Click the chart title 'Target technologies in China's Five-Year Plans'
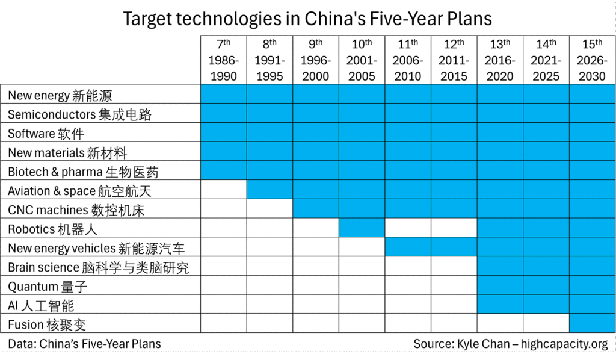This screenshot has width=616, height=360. (x=307, y=18)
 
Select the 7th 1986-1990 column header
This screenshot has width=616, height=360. (x=223, y=60)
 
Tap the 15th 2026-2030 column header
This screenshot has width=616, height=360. (x=592, y=60)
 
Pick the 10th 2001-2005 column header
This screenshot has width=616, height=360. (x=362, y=60)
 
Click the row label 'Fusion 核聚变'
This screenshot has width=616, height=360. (x=47, y=325)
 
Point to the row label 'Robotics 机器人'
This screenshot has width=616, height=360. (x=52, y=229)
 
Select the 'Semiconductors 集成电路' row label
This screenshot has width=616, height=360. (x=79, y=114)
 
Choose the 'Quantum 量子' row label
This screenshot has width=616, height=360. (x=48, y=287)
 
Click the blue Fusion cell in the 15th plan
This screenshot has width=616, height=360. (x=592, y=324)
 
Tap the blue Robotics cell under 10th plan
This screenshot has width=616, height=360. (x=362, y=228)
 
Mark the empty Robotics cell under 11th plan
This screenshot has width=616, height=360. (x=408, y=228)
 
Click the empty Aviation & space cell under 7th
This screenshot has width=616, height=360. (x=223, y=190)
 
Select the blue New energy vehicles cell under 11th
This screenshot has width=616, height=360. (x=408, y=247)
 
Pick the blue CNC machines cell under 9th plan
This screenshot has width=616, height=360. (x=316, y=209)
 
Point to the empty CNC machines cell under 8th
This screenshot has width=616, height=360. (x=269, y=209)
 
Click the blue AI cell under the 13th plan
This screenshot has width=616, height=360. (x=500, y=305)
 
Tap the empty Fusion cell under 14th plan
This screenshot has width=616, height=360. (x=546, y=324)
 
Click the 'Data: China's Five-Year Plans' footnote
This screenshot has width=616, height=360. (x=84, y=344)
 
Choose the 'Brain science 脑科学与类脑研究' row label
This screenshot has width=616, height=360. (x=98, y=267)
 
